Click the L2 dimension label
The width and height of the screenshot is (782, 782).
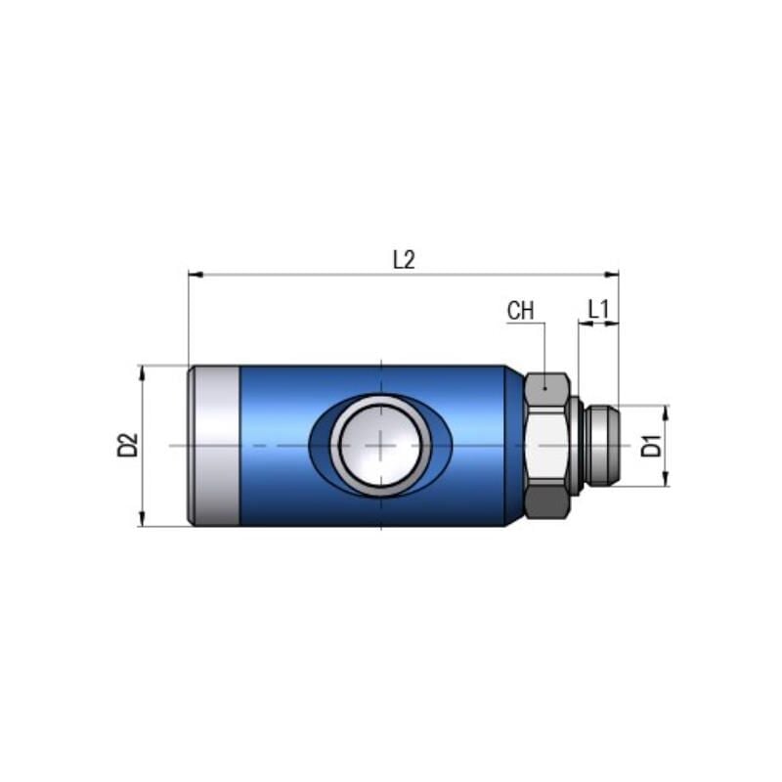[x=404, y=259]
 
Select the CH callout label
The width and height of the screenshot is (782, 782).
[x=521, y=311]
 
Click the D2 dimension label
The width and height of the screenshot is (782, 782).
[x=126, y=446]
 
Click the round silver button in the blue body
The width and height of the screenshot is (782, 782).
[x=380, y=446]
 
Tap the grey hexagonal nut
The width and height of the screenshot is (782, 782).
[x=546, y=446]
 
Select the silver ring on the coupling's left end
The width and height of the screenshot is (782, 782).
[x=214, y=446]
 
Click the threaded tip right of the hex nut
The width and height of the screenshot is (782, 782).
[x=601, y=446]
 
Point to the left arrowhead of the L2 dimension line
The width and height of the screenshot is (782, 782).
[x=194, y=275]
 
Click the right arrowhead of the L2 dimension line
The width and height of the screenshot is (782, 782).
[x=613, y=275]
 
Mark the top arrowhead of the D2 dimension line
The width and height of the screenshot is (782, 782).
[x=143, y=370]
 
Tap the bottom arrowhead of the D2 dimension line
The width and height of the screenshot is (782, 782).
[x=143, y=521]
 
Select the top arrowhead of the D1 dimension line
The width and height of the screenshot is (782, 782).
[x=666, y=411]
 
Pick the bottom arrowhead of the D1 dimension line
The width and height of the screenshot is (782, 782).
[x=666, y=480]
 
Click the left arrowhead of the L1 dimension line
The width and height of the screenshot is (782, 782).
[x=584, y=324]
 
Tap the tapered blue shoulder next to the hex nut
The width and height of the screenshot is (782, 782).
[x=514, y=446]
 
